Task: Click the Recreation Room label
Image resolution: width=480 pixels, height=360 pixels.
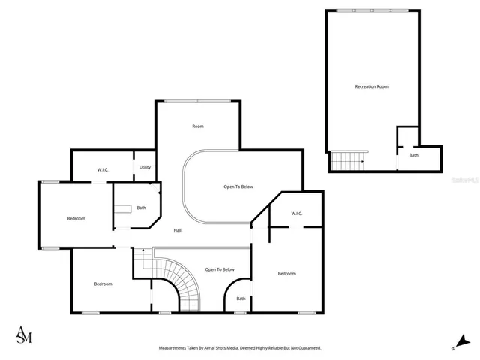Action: [371, 87]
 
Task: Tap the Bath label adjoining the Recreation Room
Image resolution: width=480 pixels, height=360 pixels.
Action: [413, 155]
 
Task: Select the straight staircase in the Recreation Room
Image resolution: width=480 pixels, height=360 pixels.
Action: [349, 160]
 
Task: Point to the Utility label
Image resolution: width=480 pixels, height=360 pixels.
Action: [145, 167]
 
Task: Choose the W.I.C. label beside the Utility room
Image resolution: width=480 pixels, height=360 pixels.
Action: [103, 170]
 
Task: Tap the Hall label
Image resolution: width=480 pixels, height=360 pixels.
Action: [177, 230]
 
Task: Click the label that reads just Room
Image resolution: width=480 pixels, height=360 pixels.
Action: [198, 127]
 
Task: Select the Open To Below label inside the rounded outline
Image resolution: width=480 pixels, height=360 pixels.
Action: [238, 187]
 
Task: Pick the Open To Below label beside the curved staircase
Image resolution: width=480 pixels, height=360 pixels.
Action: [220, 269]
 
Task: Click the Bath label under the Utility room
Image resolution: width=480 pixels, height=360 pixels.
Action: [141, 208]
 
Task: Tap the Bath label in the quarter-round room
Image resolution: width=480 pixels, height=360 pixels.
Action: [241, 298]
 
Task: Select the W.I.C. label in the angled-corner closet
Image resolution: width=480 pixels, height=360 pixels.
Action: [296, 214]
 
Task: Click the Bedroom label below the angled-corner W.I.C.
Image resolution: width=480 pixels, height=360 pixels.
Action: [287, 274]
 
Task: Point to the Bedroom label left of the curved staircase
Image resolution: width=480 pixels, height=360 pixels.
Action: [103, 284]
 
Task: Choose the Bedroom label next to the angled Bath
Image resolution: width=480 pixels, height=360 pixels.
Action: [76, 218]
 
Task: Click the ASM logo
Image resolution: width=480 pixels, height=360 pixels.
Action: [24, 335]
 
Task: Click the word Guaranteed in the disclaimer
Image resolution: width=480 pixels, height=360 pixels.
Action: [306, 348]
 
